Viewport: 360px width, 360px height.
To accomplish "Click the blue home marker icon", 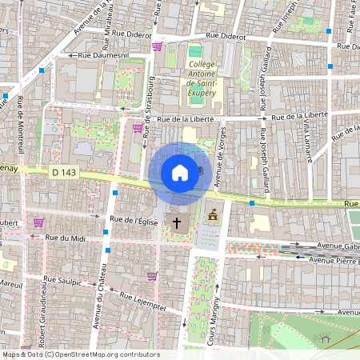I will [180, 173].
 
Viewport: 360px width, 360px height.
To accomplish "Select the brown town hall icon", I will [213, 216].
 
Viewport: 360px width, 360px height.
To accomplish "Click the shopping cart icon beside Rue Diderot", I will [157, 46].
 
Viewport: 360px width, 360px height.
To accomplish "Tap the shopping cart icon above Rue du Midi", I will [38, 222].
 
